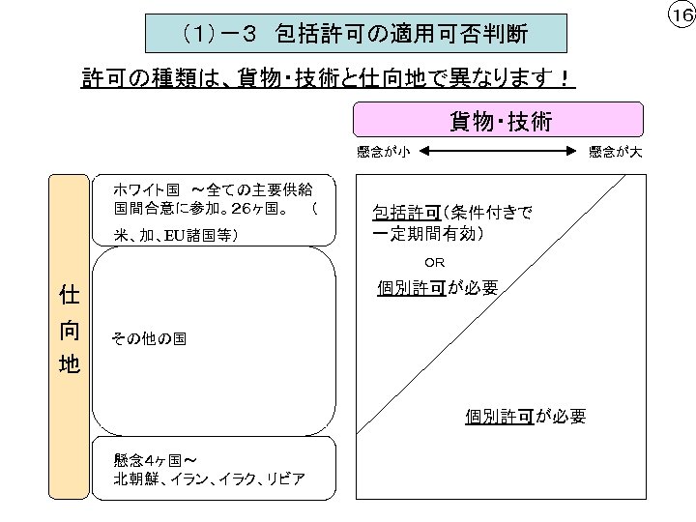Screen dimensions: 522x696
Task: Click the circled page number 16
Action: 681,15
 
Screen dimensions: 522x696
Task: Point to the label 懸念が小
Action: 384,151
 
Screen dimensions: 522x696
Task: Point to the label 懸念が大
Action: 615,151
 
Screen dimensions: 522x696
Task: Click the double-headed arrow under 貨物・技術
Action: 496,151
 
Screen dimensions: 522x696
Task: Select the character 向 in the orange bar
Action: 69,330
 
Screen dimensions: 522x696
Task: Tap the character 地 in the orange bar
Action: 69,364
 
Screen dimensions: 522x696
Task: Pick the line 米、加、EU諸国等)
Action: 176,233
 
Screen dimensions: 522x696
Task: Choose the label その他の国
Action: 149,339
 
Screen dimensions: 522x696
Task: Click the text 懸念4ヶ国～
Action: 156,460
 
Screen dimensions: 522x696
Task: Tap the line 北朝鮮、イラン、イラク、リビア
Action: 210,478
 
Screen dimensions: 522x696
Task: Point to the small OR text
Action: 435,261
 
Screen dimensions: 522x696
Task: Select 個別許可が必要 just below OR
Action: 438,287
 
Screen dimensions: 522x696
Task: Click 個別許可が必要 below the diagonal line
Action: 525,416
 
